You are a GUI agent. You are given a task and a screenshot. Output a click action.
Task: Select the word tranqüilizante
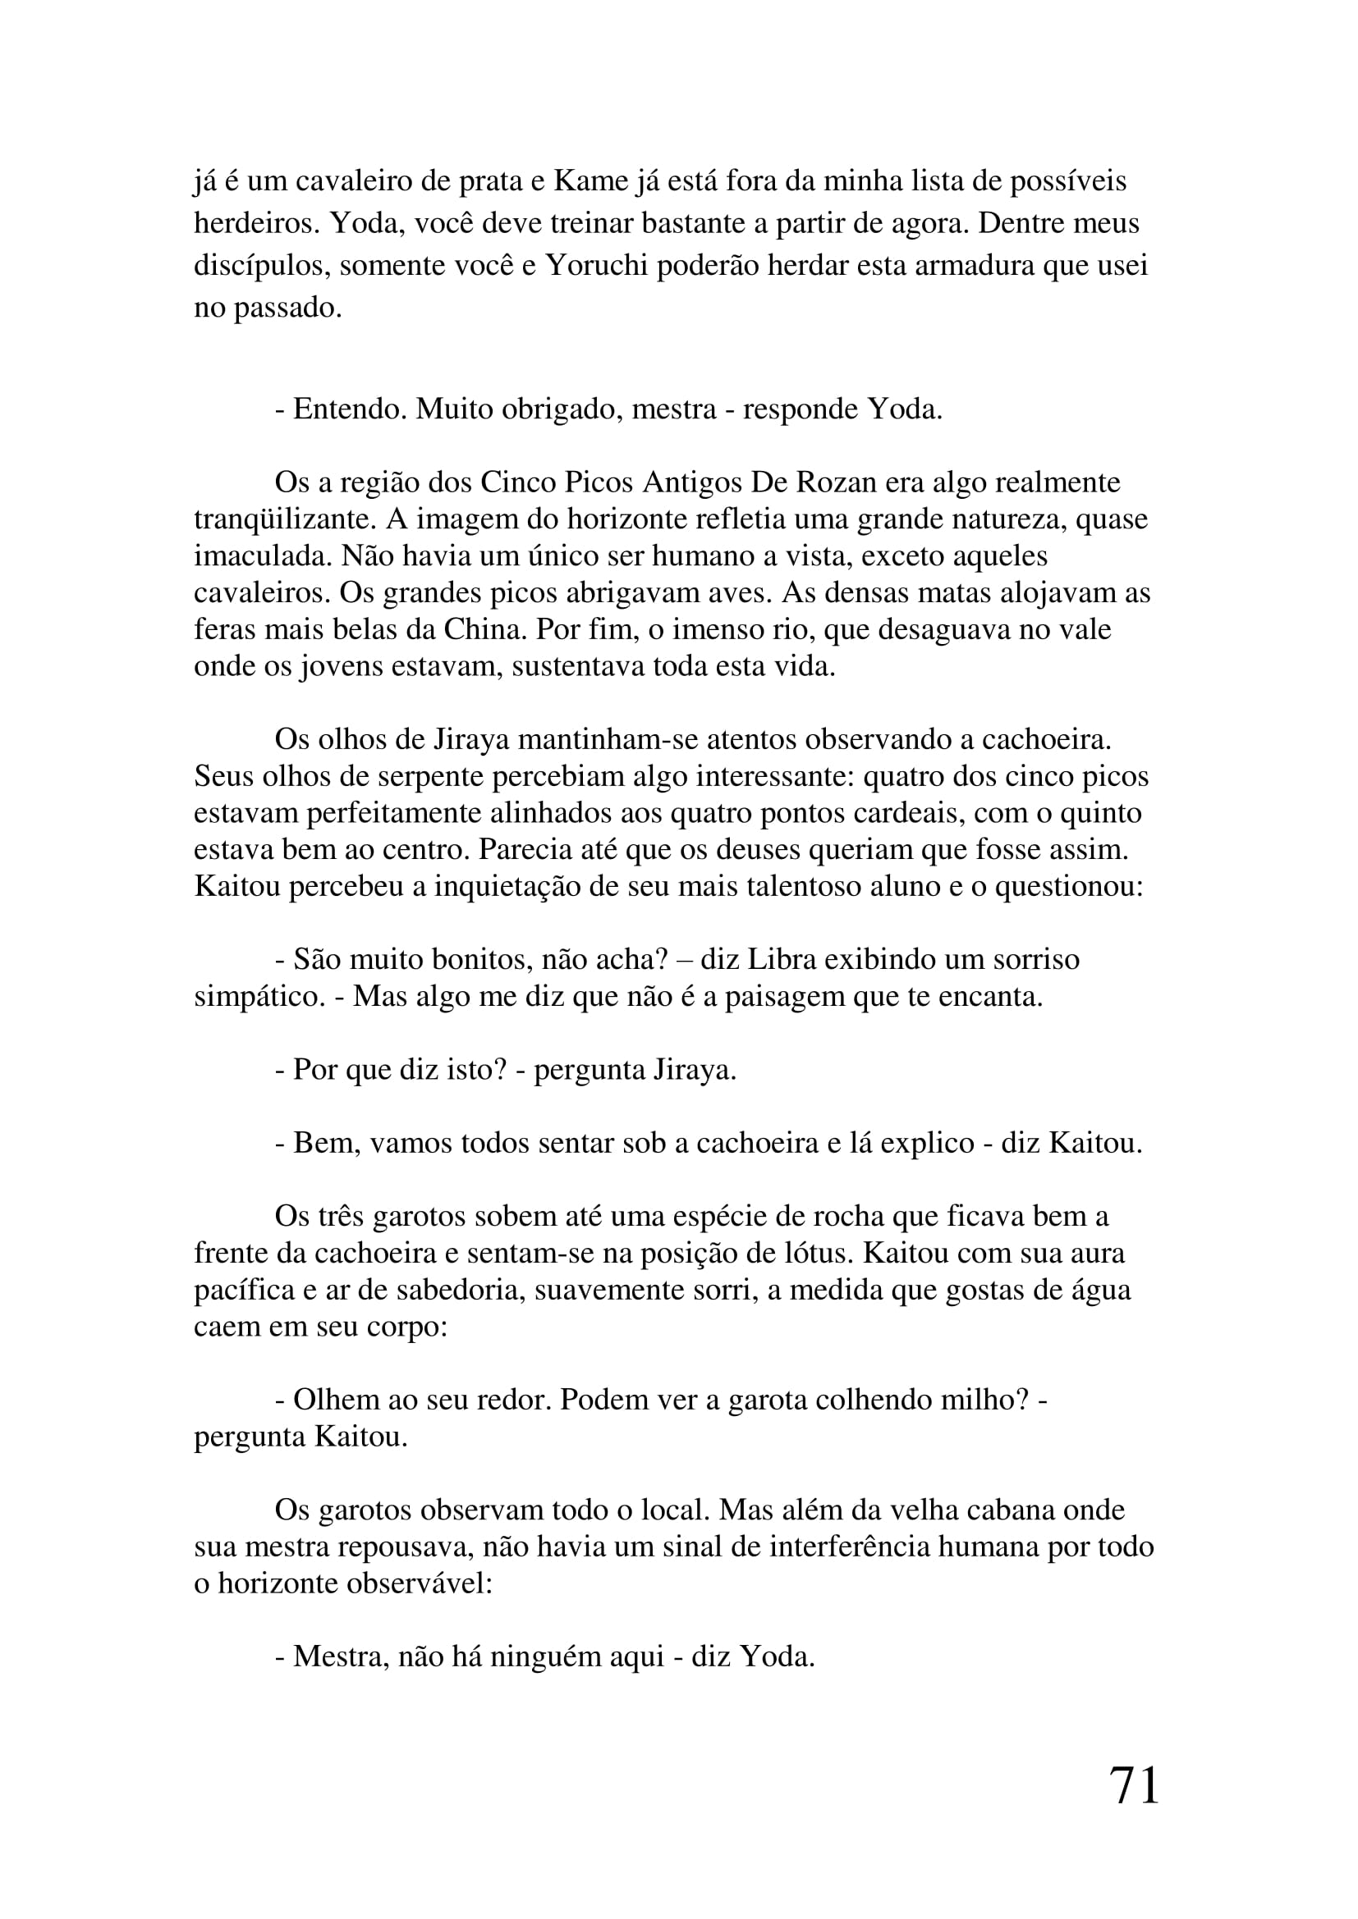click(x=285, y=519)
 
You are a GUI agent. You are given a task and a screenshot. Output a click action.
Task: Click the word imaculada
click(x=262, y=555)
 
